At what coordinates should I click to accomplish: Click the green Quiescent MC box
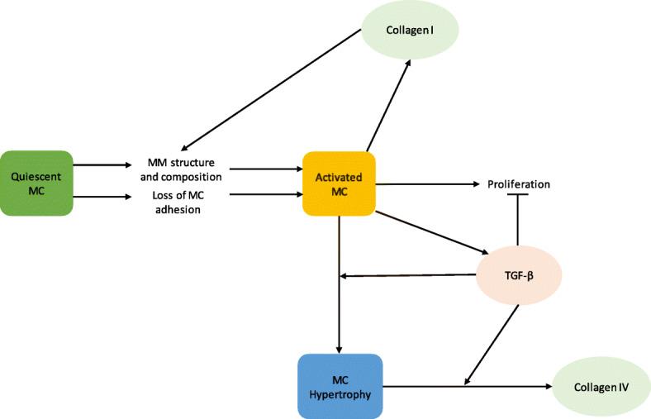pyautogui.click(x=37, y=183)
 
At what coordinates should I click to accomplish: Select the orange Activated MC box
pyautogui.click(x=340, y=183)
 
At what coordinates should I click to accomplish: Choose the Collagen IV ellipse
pyautogui.click(x=601, y=386)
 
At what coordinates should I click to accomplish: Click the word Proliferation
pyautogui.click(x=518, y=183)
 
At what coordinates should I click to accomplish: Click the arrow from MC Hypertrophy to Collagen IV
pyautogui.click(x=467, y=386)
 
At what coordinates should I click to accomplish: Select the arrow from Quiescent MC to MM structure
pyautogui.click(x=102, y=165)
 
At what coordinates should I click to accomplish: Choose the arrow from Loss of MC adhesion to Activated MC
pyautogui.click(x=264, y=194)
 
